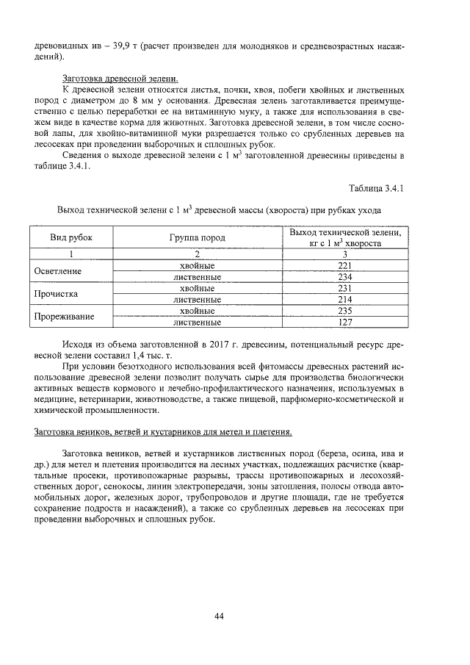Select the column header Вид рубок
(x=71, y=237)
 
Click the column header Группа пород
(x=197, y=237)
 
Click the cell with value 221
(x=344, y=266)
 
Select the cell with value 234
(x=344, y=277)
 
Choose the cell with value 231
(x=344, y=289)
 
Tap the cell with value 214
(x=344, y=300)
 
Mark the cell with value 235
(x=344, y=311)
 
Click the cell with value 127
(x=344, y=322)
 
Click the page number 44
(x=219, y=616)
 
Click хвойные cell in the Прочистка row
(x=197, y=289)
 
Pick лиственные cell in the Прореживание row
(x=197, y=322)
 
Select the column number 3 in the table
(x=344, y=254)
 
